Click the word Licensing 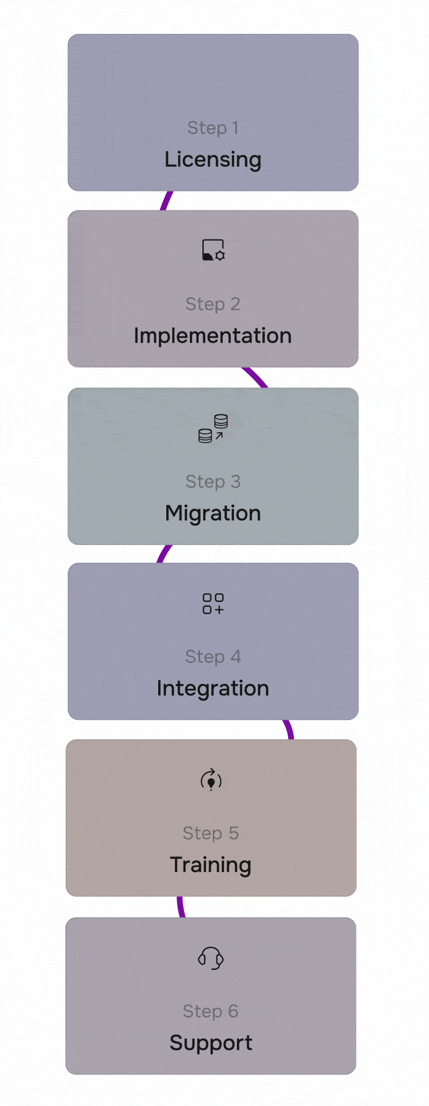coord(213,159)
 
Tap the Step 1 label coord(213,128)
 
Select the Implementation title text coord(213,336)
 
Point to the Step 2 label coord(213,304)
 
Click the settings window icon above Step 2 coord(213,250)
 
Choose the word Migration coord(213,513)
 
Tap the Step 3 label coord(213,482)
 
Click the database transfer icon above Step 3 coord(213,428)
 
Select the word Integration coord(213,688)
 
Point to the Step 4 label coord(213,657)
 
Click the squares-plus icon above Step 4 coord(213,603)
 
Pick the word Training coord(211,865)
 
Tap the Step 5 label coord(211,833)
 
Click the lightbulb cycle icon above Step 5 coord(211,780)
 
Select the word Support coord(211,1043)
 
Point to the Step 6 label coord(211,1011)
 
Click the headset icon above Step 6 coord(211,958)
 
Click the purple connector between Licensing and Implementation coord(166,201)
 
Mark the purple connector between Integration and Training coord(289,730)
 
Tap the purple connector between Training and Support coord(181,907)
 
